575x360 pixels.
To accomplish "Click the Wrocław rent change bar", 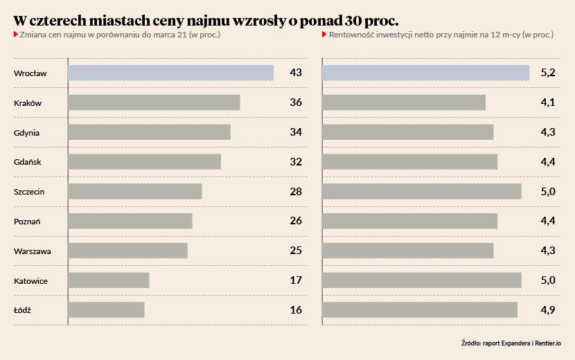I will click(x=170, y=73).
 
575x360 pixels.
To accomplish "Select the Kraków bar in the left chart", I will click(x=154, y=102).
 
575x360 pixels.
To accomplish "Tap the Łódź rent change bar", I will click(x=106, y=309).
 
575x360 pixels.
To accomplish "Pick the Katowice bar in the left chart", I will click(x=109, y=280).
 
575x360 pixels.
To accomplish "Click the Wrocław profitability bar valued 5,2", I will click(x=425, y=73).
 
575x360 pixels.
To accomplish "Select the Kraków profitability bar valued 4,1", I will click(x=404, y=102).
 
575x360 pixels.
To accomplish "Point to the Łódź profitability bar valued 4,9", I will click(x=420, y=309).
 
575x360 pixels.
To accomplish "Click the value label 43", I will click(x=296, y=73).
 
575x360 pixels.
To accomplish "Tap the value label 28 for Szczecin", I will click(x=296, y=191).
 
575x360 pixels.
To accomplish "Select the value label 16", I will click(x=296, y=309).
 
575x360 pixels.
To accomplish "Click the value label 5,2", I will click(x=548, y=73).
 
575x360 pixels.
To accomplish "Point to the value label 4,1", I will click(x=548, y=102).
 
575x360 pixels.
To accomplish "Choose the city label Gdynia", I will click(x=26, y=132).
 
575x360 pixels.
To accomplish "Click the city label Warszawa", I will click(x=32, y=251).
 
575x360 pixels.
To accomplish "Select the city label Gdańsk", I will click(x=27, y=162).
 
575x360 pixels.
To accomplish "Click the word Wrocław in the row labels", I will click(x=30, y=73).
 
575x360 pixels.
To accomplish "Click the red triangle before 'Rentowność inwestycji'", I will click(x=325, y=34).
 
